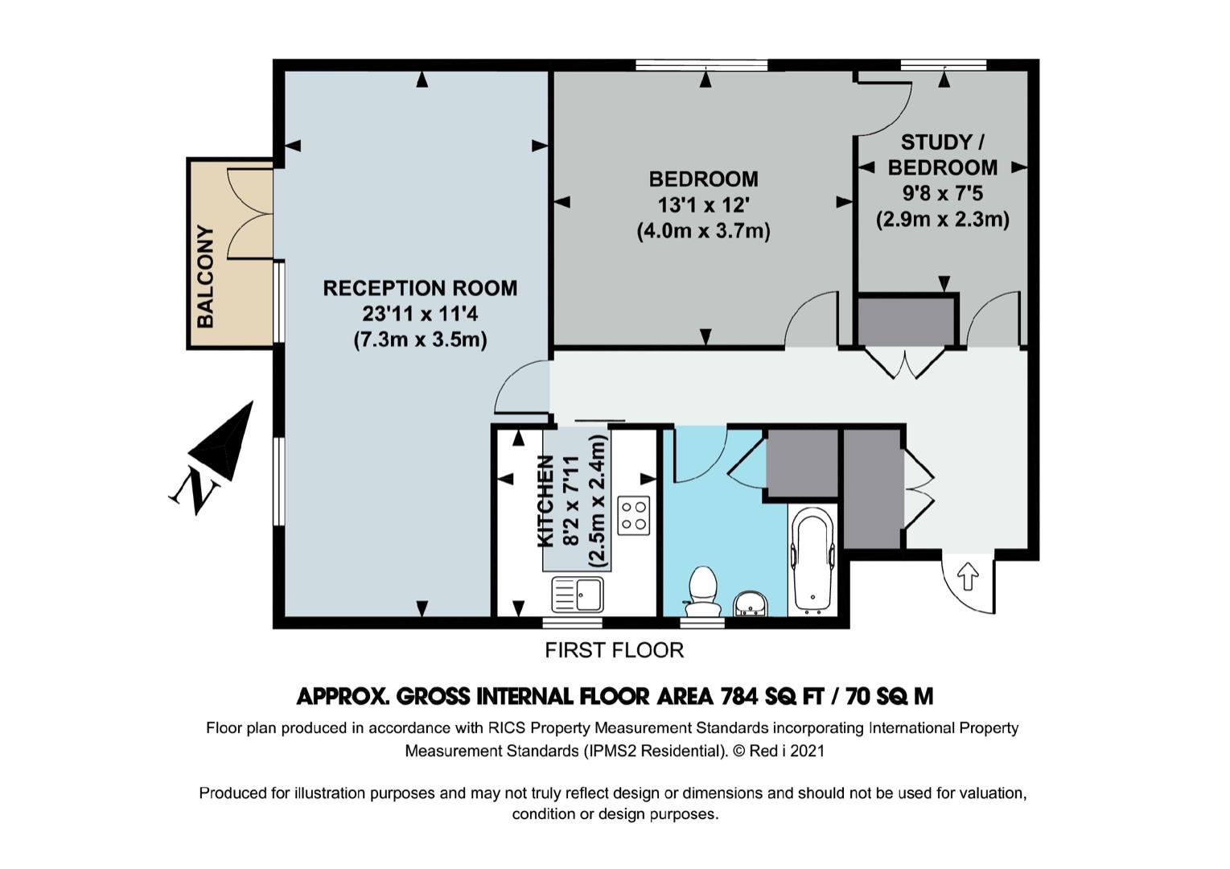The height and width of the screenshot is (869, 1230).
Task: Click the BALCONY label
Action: pos(205,276)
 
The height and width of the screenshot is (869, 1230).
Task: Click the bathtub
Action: pos(812,560)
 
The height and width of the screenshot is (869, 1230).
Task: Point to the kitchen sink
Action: pos(577,594)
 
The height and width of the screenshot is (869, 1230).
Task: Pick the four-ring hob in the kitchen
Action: pos(634,515)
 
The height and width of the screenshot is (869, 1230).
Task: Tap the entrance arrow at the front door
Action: pos(968,576)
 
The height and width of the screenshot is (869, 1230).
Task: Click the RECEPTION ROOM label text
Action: pos(420,288)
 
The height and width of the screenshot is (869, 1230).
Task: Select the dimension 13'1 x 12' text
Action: pos(704,205)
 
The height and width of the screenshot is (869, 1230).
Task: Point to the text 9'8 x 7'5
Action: pos(943,193)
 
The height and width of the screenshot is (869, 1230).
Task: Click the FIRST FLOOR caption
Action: pos(614,650)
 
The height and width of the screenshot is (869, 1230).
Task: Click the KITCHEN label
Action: pos(545,501)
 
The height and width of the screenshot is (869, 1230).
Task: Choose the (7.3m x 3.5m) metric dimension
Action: pos(420,340)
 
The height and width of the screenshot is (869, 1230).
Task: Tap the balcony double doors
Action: pos(250,213)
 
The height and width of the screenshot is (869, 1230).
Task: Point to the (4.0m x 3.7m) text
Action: pos(704,231)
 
